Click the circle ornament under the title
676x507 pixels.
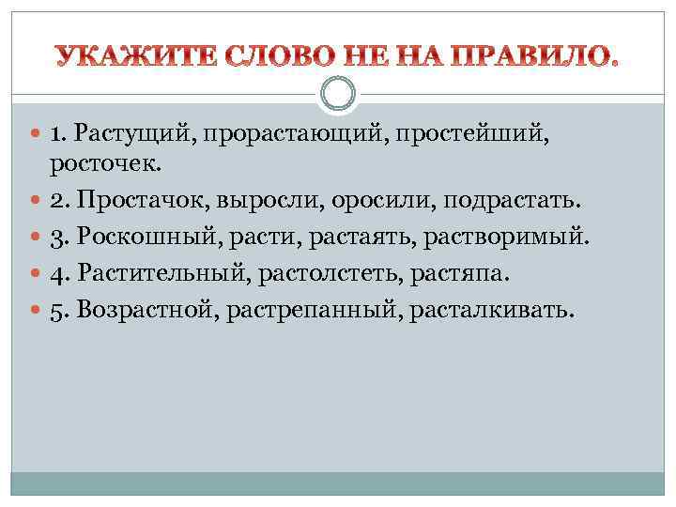338,94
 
